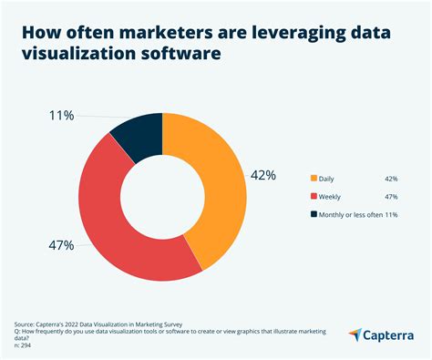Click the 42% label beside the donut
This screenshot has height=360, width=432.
(x=264, y=175)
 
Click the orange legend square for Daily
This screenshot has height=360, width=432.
(x=314, y=178)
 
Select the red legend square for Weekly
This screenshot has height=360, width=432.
(x=314, y=196)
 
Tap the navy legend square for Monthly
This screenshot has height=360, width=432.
(x=314, y=214)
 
